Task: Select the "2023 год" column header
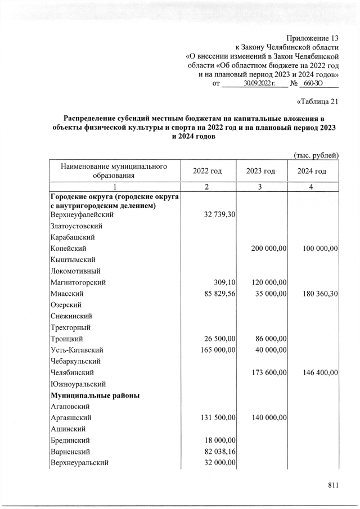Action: [260, 172]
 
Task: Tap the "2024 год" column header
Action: [312, 172]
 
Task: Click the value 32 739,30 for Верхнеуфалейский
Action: [216, 215]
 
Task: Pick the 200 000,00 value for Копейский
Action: [264, 248]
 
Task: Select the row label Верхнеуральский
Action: [79, 463]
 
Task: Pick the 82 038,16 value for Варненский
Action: [216, 452]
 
